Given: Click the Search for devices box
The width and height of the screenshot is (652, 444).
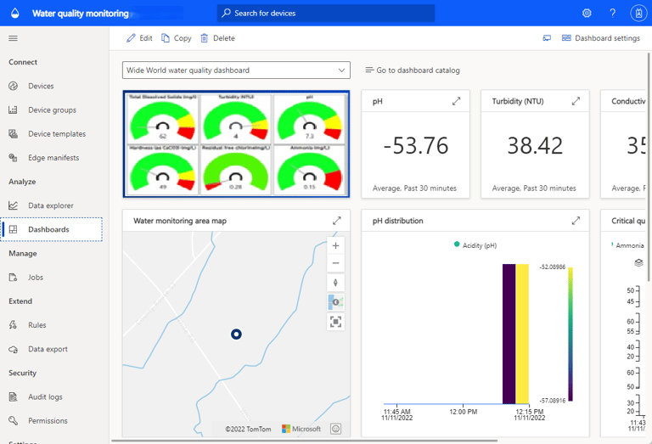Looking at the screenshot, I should click(326, 14).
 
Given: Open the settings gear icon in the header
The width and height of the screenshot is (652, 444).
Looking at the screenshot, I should click(587, 14).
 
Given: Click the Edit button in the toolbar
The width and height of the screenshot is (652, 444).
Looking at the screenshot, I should click(139, 38).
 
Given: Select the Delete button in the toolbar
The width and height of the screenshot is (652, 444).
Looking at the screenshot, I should click(217, 38).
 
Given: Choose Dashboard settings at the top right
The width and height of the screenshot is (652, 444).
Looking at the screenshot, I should click(600, 38).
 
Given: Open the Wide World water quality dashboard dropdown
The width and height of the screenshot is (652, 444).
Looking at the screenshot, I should click(236, 70).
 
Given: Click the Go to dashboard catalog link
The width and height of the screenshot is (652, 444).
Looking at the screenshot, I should click(413, 70).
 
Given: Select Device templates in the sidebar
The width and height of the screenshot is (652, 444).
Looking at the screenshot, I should click(56, 134).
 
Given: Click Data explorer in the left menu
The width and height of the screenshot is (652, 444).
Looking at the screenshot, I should click(50, 205).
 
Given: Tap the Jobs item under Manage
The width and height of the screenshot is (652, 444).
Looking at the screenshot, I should click(35, 278).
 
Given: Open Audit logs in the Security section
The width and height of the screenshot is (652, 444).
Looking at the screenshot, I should click(45, 397).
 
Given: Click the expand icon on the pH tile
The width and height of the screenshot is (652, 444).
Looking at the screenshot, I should click(456, 101).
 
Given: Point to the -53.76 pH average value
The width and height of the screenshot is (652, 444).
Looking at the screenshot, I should click(415, 145).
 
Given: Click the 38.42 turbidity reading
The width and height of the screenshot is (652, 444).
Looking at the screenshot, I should click(535, 145).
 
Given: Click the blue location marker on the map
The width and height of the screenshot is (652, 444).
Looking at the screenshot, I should click(237, 334).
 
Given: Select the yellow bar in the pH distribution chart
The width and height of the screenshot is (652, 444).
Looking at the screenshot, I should click(522, 334).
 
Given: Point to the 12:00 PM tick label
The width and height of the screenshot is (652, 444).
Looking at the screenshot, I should click(463, 412).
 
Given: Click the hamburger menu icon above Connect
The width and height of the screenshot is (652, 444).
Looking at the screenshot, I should click(13, 38).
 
